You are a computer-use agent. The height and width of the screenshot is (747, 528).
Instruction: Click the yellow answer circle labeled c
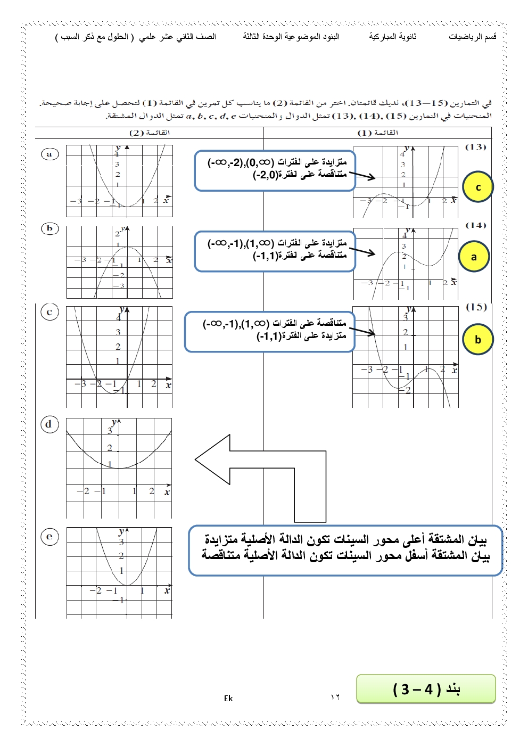(x=478, y=187)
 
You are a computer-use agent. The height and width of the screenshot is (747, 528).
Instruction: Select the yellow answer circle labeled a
(x=474, y=257)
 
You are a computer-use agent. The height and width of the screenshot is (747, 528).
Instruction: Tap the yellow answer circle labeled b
(x=477, y=339)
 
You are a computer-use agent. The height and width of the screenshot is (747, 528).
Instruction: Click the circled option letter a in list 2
(x=49, y=154)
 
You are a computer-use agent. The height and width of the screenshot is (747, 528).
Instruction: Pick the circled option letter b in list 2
(x=49, y=228)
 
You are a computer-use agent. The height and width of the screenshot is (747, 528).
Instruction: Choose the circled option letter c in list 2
(x=49, y=312)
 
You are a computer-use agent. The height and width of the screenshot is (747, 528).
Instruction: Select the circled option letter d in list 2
(x=49, y=424)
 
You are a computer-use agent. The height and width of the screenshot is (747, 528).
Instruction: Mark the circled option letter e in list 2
(x=49, y=536)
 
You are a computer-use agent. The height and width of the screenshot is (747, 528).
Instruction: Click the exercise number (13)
(x=475, y=147)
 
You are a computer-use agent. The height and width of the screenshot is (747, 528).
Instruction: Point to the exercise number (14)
(x=475, y=225)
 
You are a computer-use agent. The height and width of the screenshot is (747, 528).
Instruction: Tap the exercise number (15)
(x=476, y=307)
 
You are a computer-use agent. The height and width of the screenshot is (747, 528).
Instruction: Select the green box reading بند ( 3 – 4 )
(x=426, y=689)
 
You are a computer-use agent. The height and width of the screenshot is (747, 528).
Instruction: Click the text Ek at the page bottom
(x=228, y=699)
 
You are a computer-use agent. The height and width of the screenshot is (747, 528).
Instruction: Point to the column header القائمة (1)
(x=378, y=133)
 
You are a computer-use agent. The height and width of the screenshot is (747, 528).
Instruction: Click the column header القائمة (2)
(x=150, y=133)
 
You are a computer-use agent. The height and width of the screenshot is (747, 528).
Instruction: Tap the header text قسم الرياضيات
(x=473, y=36)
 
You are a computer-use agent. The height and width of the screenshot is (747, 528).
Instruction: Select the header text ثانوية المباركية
(x=393, y=36)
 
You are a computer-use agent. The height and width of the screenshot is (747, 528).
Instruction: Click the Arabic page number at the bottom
(x=335, y=697)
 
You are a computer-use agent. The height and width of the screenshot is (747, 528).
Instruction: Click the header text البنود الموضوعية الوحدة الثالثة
(x=291, y=36)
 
